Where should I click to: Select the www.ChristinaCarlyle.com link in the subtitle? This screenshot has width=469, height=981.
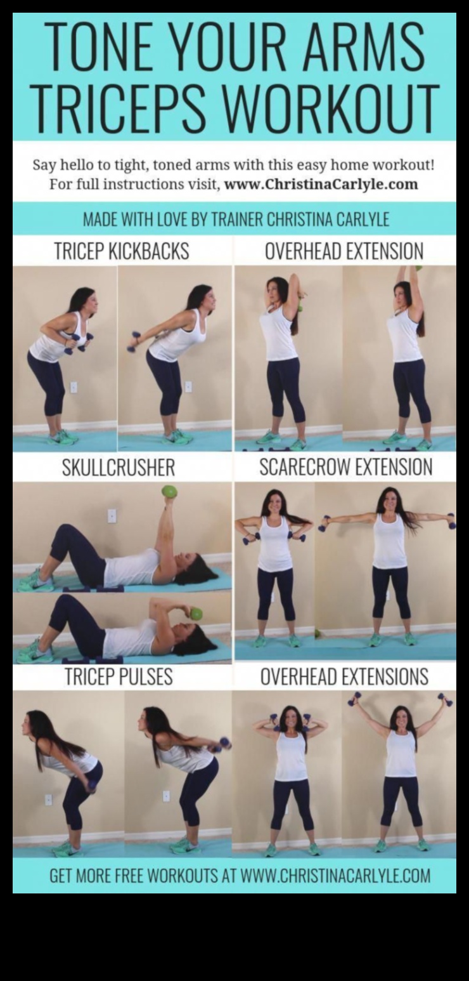pyautogui.click(x=321, y=185)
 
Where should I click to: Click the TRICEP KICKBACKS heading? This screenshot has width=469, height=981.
pyautogui.click(x=121, y=251)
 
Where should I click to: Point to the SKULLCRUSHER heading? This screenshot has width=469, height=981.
pyautogui.click(x=118, y=468)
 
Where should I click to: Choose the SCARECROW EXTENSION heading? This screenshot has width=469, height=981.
pyautogui.click(x=345, y=468)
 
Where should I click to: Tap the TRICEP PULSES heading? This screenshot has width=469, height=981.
pyautogui.click(x=119, y=677)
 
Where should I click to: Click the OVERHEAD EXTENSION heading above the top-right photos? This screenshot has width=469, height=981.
pyautogui.click(x=344, y=251)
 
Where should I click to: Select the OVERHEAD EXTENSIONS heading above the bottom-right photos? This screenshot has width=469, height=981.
pyautogui.click(x=344, y=677)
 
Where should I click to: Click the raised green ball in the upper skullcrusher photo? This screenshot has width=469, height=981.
pyautogui.click(x=169, y=492)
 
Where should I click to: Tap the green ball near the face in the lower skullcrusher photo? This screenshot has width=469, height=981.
pyautogui.click(x=196, y=614)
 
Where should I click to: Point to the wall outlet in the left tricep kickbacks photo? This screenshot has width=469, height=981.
pyautogui.click(x=74, y=387)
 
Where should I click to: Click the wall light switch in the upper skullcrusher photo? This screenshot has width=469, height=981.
pyautogui.click(x=112, y=515)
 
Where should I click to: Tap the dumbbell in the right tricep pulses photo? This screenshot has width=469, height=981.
pyautogui.click(x=224, y=742)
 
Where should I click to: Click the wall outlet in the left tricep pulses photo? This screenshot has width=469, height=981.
pyautogui.click(x=48, y=800)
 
